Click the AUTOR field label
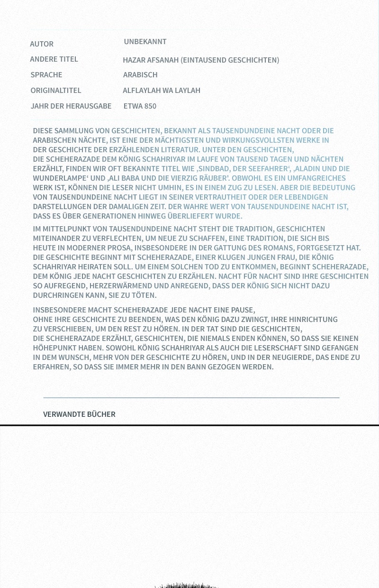coord(42,44)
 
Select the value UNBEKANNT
coord(145,42)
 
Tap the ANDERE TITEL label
coord(54,59)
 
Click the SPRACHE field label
coord(46,75)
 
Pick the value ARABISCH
coord(140,75)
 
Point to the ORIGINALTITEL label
coord(56,91)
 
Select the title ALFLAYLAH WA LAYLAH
coord(162,91)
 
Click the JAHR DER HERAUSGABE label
coord(71,106)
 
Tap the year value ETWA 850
coord(140,106)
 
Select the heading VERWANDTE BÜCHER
coord(79,414)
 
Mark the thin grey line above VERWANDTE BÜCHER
coord(191,397)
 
